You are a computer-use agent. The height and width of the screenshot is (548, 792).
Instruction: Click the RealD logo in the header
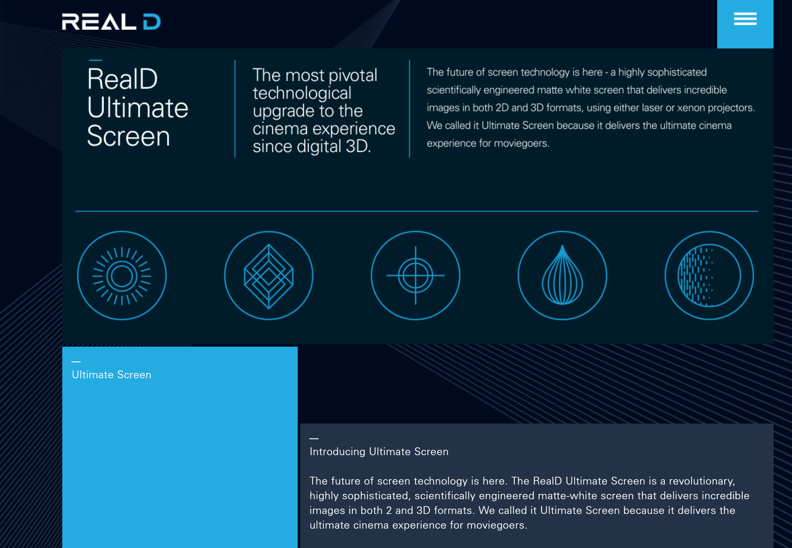[x=111, y=22]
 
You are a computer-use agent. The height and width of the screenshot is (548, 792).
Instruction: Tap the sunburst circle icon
[x=122, y=275]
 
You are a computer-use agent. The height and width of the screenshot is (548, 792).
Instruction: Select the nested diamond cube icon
[x=269, y=275]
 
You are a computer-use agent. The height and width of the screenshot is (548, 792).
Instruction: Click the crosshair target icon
[x=415, y=275]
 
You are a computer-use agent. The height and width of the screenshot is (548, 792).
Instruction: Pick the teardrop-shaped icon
[x=562, y=275]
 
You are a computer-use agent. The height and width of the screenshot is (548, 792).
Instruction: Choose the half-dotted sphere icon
[x=709, y=275]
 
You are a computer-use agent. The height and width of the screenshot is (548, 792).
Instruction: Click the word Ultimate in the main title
[x=137, y=108]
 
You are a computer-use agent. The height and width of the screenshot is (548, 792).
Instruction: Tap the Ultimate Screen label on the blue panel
[x=111, y=375]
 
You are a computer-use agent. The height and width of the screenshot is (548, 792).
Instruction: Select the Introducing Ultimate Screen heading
[x=379, y=451]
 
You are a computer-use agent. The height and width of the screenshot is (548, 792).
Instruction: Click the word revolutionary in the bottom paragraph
[x=702, y=481]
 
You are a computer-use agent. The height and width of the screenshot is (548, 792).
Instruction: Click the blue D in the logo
[x=152, y=22]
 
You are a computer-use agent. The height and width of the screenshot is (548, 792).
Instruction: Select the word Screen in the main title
[x=129, y=136]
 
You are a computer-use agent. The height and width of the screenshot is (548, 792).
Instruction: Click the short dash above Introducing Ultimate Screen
[x=314, y=439]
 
